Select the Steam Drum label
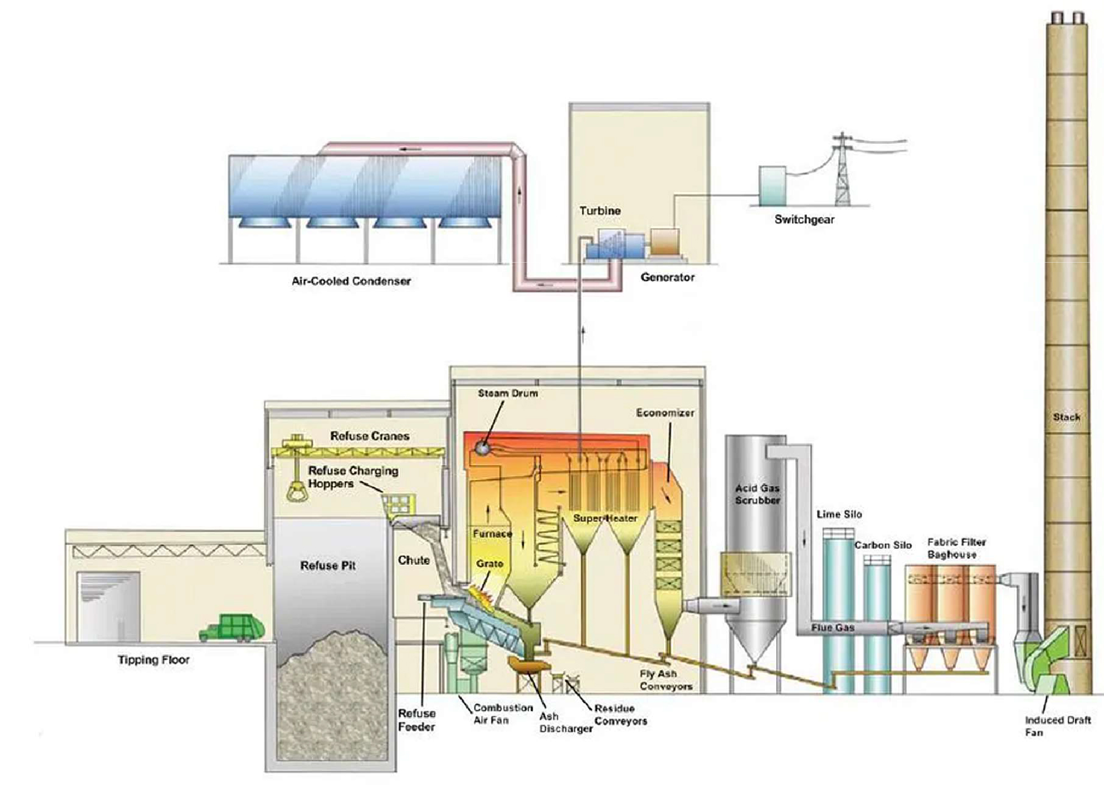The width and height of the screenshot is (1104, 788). [507, 393]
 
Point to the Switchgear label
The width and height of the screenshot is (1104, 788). [804, 220]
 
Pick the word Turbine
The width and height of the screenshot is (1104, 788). [599, 211]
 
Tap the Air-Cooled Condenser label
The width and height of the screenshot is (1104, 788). [351, 281]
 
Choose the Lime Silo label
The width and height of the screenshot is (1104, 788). [839, 514]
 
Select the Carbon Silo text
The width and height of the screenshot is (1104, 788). [883, 545]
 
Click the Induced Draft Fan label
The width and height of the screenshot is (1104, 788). [1057, 726]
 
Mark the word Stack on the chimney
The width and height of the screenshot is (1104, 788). [1066, 417]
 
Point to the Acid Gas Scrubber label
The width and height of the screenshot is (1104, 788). [757, 494]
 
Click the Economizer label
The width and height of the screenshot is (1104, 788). [665, 413]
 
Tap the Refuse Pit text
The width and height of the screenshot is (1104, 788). [328, 566]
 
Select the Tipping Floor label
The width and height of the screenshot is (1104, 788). [153, 660]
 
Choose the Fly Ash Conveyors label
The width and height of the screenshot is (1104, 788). [666, 680]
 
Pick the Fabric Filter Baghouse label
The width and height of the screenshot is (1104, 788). [956, 548]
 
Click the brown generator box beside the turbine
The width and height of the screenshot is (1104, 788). [665, 242]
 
